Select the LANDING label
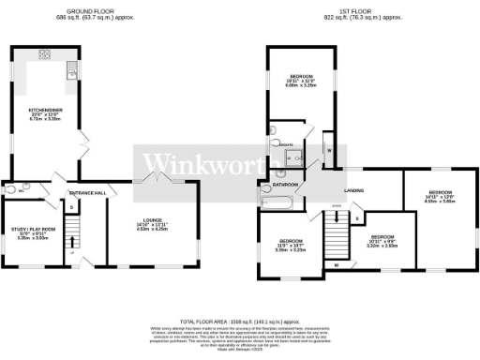coord(354,191)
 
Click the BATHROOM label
coord(273,186)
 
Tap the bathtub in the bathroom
coord(278,202)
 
